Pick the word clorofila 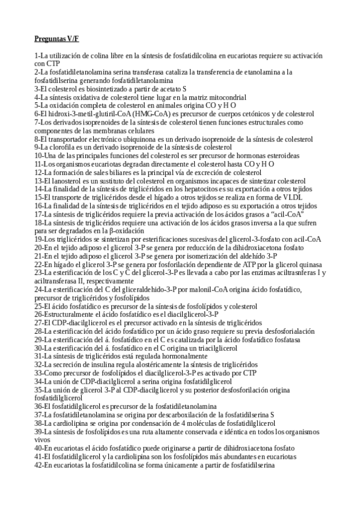tap(64, 147)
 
